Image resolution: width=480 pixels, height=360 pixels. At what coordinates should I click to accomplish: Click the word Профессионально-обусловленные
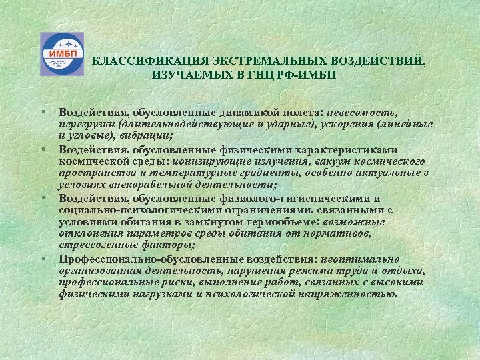pyautogui.click(x=133, y=259)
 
